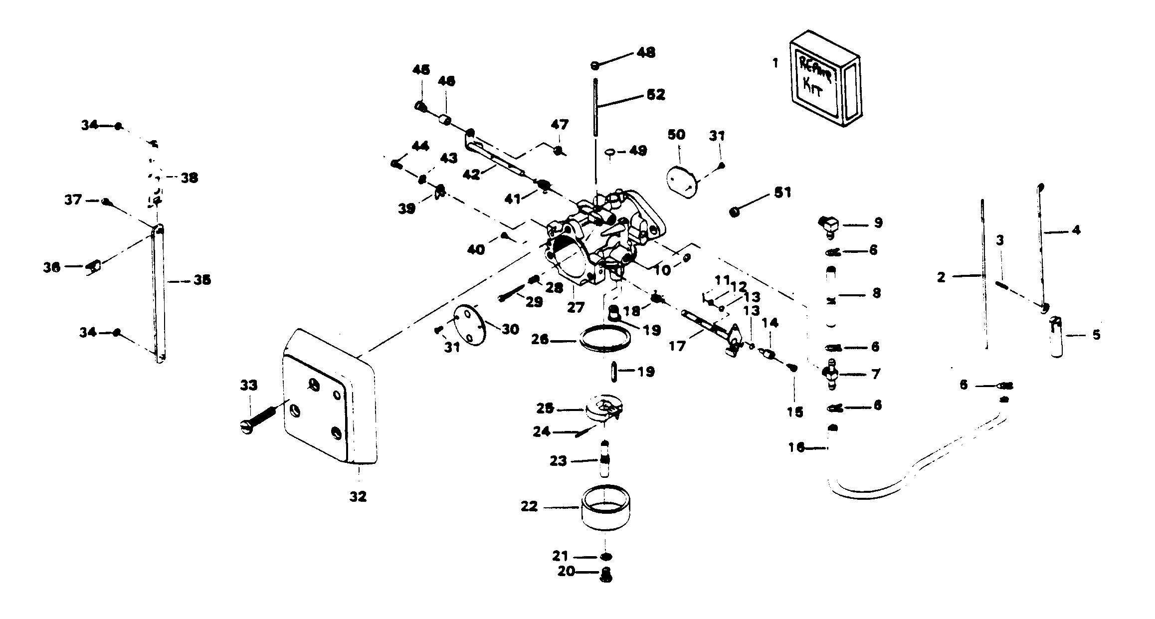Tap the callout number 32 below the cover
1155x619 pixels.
pyautogui.click(x=358, y=496)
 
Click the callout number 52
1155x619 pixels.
pyautogui.click(x=655, y=94)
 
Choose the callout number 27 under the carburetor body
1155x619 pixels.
pyautogui.click(x=575, y=307)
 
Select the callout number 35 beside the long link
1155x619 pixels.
pyautogui.click(x=201, y=280)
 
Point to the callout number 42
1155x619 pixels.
pyautogui.click(x=471, y=174)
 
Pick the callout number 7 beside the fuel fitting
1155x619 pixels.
pyautogui.click(x=876, y=374)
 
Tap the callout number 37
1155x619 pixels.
pyautogui.click(x=73, y=200)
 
